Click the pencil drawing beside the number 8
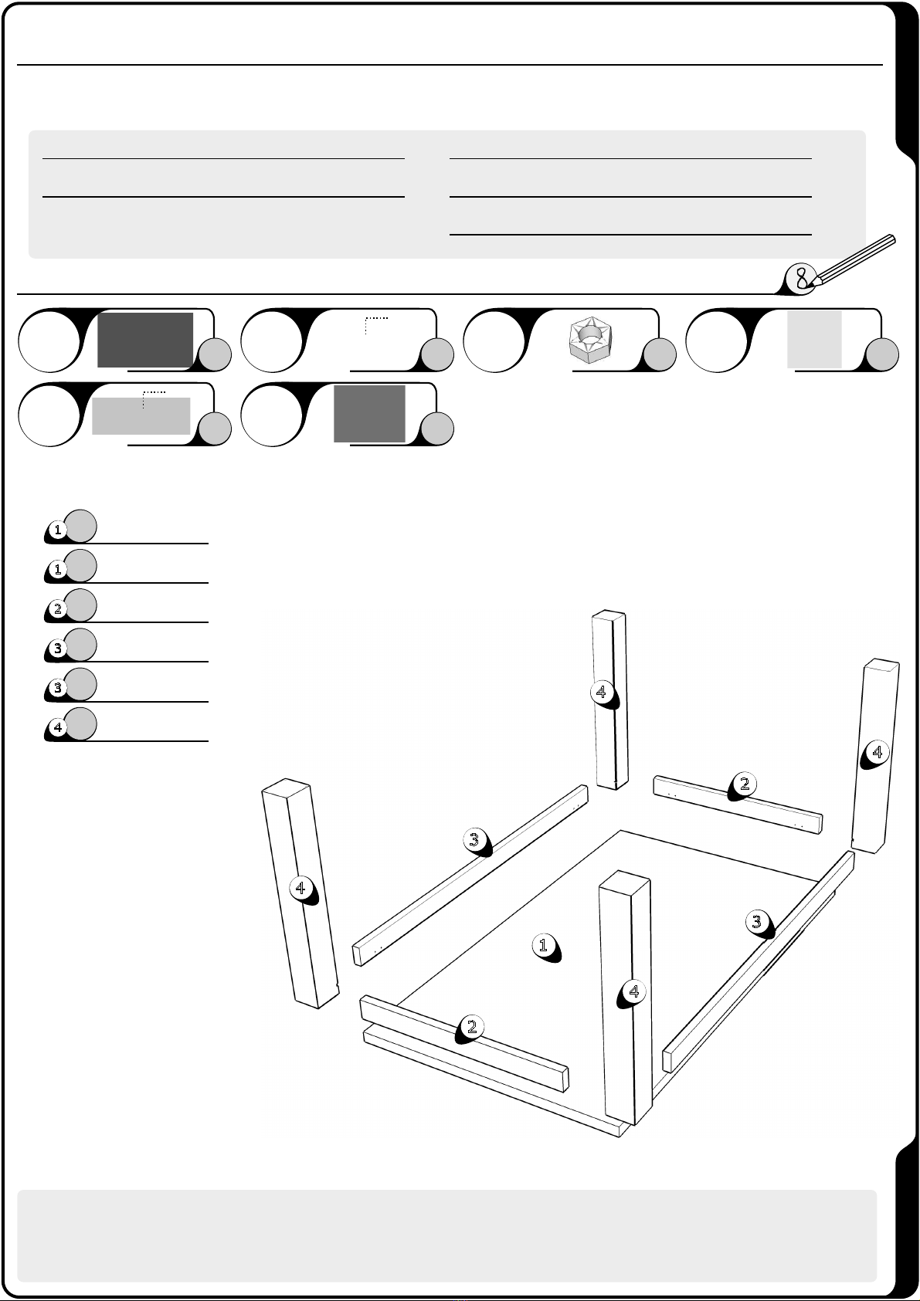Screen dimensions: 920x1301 click(854, 259)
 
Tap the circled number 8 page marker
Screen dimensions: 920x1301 click(801, 278)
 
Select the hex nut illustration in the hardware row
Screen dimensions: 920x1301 click(591, 340)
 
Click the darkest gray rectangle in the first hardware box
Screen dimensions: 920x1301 click(145, 340)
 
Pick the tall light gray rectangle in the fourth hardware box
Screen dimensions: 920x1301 click(814, 339)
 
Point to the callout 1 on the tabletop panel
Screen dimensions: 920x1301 click(544, 945)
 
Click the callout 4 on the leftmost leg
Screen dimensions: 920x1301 click(301, 887)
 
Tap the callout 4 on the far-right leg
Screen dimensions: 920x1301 click(877, 752)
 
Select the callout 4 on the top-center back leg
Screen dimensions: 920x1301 click(602, 692)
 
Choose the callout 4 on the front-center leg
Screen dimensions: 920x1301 click(633, 991)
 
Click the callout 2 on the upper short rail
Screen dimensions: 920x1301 click(745, 784)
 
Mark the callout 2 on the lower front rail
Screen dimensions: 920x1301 click(472, 1027)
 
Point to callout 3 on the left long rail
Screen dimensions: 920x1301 click(474, 839)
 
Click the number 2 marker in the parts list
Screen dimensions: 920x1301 click(57, 608)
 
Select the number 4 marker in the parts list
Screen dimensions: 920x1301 click(57, 727)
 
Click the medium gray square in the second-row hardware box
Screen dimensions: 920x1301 click(370, 414)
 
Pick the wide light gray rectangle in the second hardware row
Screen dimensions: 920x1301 click(141, 416)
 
